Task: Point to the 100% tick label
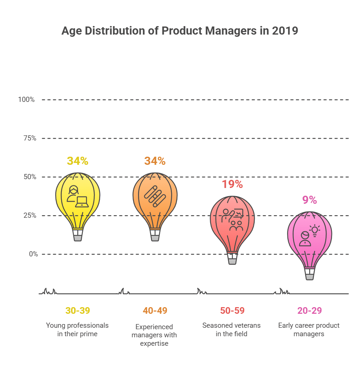tap(27, 100)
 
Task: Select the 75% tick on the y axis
tap(28, 138)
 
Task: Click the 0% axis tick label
tap(31, 254)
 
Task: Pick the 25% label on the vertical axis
tap(28, 216)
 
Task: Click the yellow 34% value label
tap(77, 161)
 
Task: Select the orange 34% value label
tap(155, 161)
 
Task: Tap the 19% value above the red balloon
tap(232, 184)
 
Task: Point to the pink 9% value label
tap(310, 200)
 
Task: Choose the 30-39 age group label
tap(77, 310)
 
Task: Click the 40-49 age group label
tap(155, 310)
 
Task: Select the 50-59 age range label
tap(232, 310)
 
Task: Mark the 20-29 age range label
tap(310, 310)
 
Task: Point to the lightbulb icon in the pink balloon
tap(314, 230)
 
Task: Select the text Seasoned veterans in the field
tap(232, 330)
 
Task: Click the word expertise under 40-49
tap(154, 344)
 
